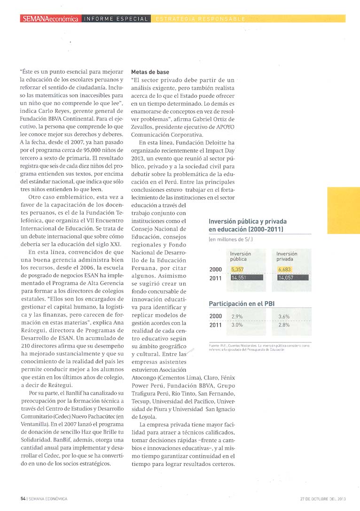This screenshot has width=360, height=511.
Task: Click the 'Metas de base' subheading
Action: point(150,72)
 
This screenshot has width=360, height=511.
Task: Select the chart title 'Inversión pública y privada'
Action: point(247,221)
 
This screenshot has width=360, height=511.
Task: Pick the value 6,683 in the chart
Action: point(285,269)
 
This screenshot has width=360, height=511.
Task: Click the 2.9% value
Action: point(237,317)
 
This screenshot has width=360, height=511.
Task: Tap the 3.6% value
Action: point(284,317)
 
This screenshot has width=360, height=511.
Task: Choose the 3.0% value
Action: point(237,325)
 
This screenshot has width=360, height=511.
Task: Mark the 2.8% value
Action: point(284,325)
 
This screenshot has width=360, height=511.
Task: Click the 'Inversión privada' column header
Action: point(287,256)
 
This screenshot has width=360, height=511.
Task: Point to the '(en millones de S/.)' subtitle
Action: point(231,240)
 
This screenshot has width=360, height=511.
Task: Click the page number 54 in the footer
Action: point(23,498)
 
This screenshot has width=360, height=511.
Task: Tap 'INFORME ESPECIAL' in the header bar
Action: point(116,19)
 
